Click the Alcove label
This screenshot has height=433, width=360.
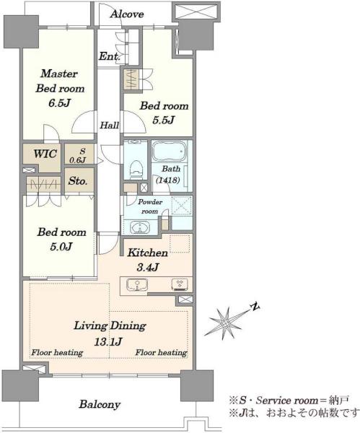click(x=127, y=14)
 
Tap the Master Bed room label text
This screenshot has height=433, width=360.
click(x=60, y=81)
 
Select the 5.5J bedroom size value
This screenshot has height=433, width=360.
click(x=164, y=120)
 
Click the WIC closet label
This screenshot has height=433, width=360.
click(x=45, y=154)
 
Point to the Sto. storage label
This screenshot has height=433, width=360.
click(x=78, y=181)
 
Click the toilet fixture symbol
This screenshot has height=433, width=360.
click(x=136, y=170)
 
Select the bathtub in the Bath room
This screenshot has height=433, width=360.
click(x=170, y=152)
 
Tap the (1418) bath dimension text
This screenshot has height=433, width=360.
click(x=168, y=180)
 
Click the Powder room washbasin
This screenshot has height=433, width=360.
click(x=140, y=228)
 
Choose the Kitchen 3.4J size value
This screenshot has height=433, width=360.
click(x=147, y=267)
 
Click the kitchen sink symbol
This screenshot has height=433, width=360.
click(x=137, y=285)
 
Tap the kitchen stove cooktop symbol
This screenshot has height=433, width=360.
click(x=180, y=284)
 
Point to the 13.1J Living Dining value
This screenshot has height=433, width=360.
click(x=108, y=342)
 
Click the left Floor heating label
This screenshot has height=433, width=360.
click(x=57, y=353)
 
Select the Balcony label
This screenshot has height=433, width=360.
click(x=100, y=404)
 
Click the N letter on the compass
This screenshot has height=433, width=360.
click(x=255, y=307)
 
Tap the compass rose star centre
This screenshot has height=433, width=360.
click(x=225, y=323)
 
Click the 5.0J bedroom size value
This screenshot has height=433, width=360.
click(x=61, y=246)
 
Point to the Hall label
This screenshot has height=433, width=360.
click(x=110, y=126)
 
